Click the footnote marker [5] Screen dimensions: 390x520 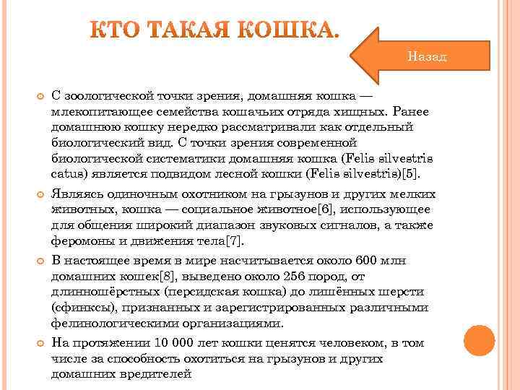(419, 174)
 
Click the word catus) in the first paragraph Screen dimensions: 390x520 (69, 174)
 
